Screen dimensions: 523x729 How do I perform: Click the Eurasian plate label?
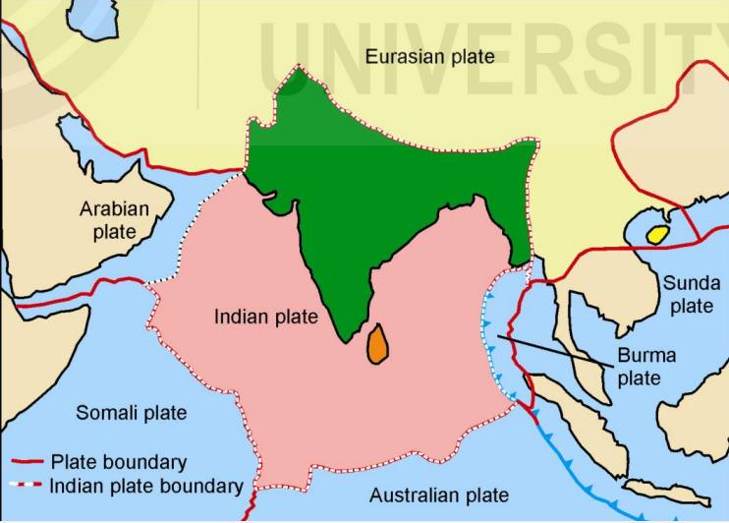pos(429,57)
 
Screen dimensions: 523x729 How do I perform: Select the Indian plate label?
pos(266,317)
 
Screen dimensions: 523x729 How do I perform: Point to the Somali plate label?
pos(132,412)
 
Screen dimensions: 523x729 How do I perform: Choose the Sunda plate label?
pos(691,294)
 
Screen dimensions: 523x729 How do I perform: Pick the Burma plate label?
pos(647,366)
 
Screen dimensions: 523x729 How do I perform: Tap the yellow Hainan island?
pos(657,234)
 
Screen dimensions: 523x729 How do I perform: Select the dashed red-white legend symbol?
pos(27,485)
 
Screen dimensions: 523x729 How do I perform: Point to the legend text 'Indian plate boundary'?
pos(146,485)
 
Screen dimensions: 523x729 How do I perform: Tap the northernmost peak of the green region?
pos(298,69)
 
